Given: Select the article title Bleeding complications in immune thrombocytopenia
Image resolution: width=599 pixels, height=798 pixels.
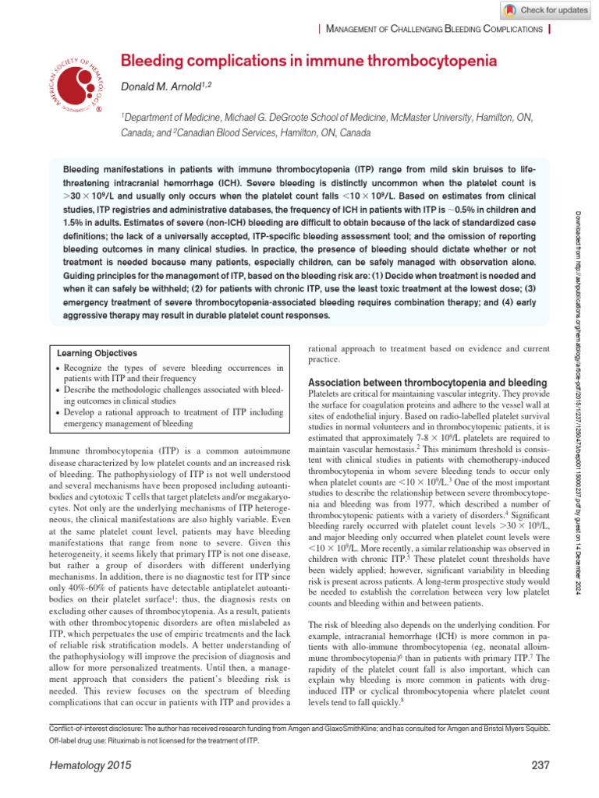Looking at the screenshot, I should coord(308,60).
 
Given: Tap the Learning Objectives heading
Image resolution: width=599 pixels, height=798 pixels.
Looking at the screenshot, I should coord(97,353).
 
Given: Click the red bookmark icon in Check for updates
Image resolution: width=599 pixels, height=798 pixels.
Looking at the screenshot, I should coord(509,10).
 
